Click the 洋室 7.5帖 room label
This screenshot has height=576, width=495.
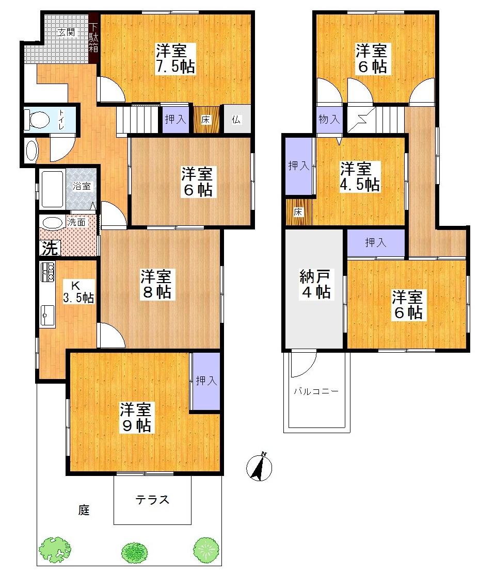pyautogui.click(x=176, y=58)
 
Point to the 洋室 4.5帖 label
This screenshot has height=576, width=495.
pyautogui.click(x=360, y=176)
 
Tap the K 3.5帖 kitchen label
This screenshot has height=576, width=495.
pyautogui.click(x=78, y=291)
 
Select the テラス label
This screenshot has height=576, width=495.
pyautogui.click(x=153, y=500)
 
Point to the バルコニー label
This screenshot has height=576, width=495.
pyautogui.click(x=316, y=391)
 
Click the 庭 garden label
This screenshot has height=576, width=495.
pyautogui.click(x=84, y=511)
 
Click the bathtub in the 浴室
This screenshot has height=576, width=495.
pyautogui.click(x=51, y=189)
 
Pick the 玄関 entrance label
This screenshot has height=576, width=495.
pyautogui.click(x=66, y=32)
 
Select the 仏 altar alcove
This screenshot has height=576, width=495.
pyautogui.click(x=236, y=120)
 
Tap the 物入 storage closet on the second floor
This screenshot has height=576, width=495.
pyautogui.click(x=329, y=120)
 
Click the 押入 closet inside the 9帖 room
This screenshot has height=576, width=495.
pyautogui.click(x=206, y=382)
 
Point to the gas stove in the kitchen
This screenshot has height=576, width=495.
pyautogui.click(x=47, y=272)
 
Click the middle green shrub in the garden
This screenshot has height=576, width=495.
pyautogui.click(x=136, y=552)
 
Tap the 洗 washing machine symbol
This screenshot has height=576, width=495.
pyautogui.click(x=50, y=249)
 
